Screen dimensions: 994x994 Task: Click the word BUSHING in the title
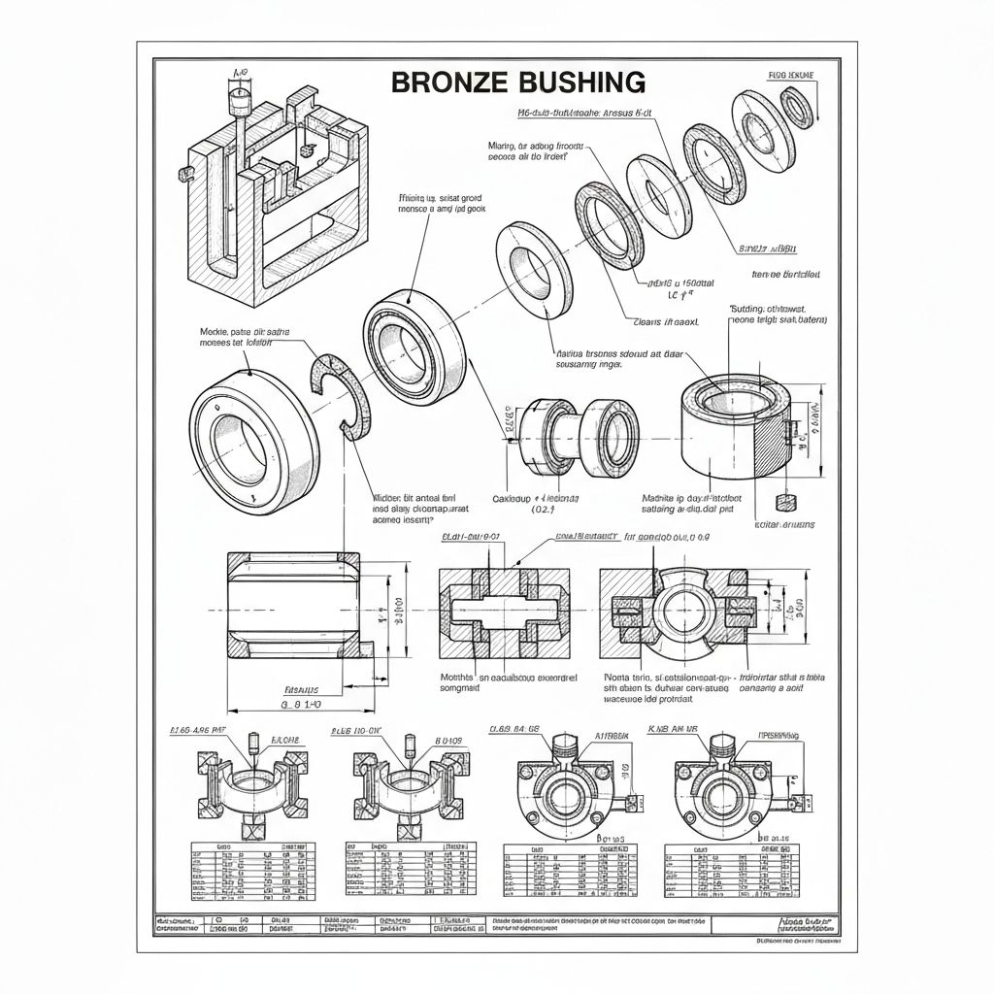click(575, 83)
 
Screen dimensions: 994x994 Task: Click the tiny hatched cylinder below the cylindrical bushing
click(786, 502)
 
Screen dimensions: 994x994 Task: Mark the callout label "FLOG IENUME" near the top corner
click(792, 75)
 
